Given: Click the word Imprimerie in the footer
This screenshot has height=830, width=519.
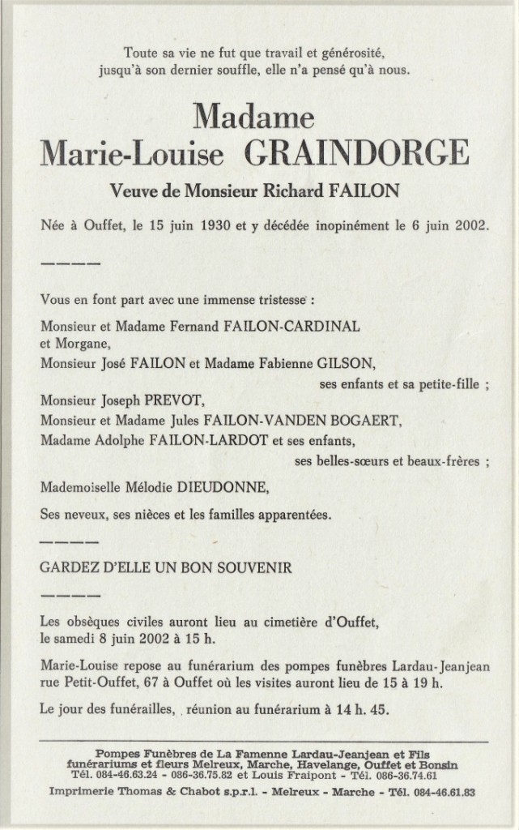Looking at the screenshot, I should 83,790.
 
